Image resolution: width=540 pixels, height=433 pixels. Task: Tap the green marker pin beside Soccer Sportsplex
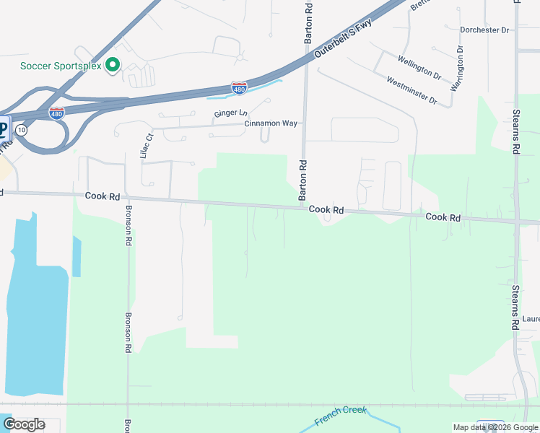[112, 66]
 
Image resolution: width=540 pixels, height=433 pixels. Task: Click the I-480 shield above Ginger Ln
[239, 88]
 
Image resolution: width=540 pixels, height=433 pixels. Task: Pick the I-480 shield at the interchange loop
[56, 113]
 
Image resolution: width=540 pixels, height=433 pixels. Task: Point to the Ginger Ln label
[230, 114]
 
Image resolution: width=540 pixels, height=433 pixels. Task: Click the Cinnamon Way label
[271, 123]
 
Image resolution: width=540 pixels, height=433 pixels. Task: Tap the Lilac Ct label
[149, 146]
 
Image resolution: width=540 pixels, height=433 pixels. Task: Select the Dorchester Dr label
[484, 30]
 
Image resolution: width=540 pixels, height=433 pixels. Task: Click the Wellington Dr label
[419, 66]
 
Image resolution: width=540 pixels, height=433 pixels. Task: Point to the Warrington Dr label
[456, 69]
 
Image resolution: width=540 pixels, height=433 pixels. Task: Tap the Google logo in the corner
[24, 424]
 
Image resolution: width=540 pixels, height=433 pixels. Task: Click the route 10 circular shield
[22, 130]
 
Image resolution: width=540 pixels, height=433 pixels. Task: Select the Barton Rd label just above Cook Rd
[303, 180]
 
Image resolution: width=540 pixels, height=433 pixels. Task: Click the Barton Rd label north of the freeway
[308, 24]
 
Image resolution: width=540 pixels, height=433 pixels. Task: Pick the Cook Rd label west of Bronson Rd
[101, 196]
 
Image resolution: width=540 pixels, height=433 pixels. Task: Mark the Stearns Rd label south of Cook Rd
[515, 308]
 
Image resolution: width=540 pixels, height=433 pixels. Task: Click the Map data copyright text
[495, 427]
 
